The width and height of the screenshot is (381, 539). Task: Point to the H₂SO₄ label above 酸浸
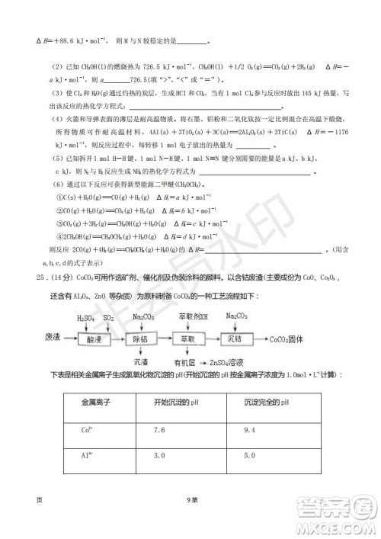[86, 316]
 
